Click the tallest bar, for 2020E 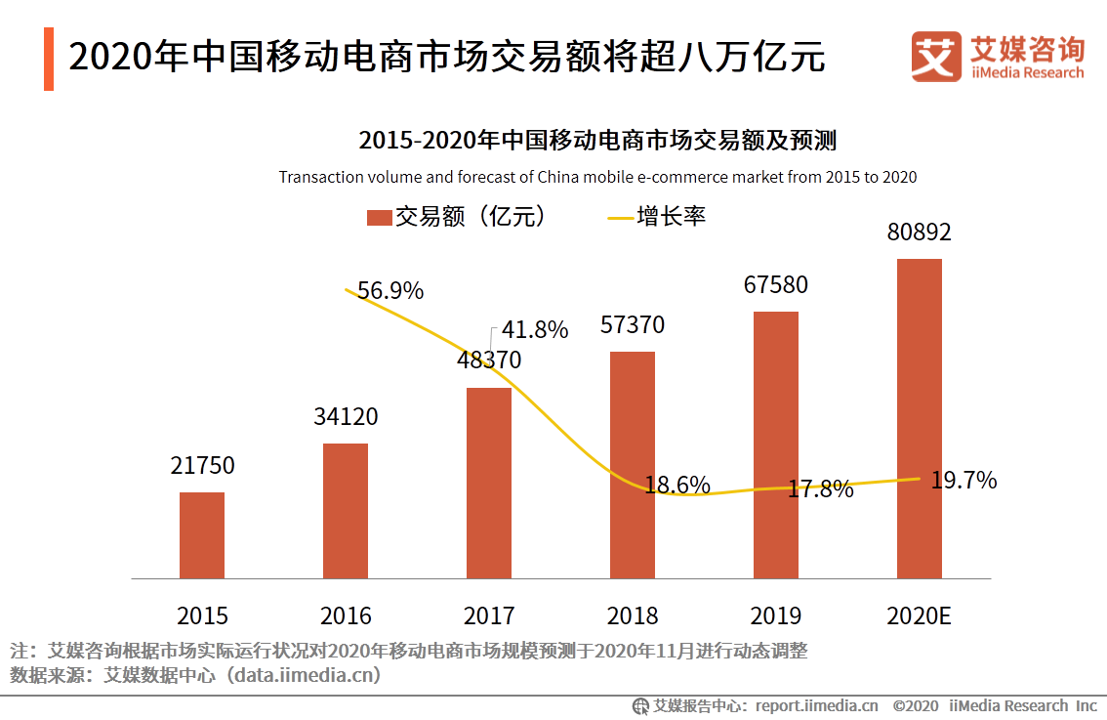point(920,419)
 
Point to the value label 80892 point(919,233)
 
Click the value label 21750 point(202,466)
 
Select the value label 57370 point(632,325)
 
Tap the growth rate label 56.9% point(390,291)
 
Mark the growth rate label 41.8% point(535,330)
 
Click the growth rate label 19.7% point(963,480)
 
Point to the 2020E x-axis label point(919,615)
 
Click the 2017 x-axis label point(489,615)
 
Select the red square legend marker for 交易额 point(379,217)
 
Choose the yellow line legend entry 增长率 point(656,217)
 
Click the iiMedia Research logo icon point(935,57)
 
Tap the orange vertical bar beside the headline point(49,59)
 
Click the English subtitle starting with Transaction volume point(597,178)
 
